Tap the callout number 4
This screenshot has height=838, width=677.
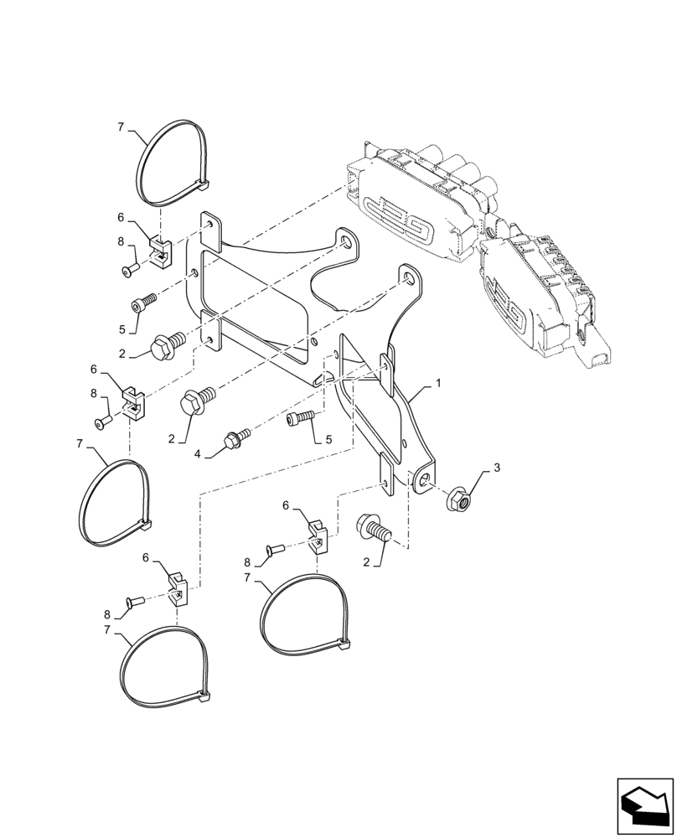coord(199,453)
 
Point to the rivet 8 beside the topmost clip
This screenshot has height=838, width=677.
coord(129,269)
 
